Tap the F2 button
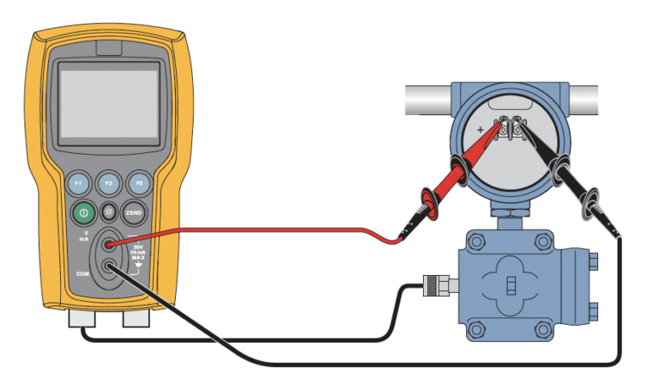(x=108, y=183)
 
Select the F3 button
(x=137, y=183)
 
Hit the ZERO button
(x=134, y=212)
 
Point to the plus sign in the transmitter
(x=481, y=130)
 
